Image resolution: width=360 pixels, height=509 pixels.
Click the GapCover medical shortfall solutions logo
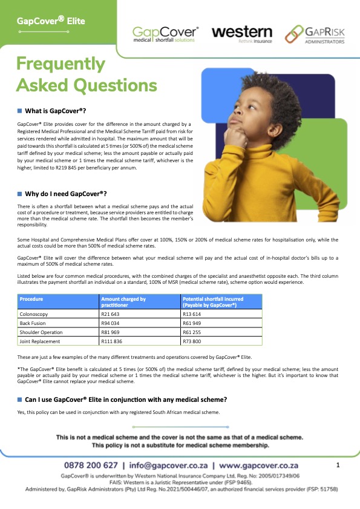point(165,34)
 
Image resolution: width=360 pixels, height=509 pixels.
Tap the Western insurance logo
point(242,33)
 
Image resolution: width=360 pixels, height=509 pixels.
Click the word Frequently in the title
point(61,64)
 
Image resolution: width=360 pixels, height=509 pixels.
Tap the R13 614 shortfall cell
point(194,315)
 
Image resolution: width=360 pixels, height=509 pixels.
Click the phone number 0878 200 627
point(91,466)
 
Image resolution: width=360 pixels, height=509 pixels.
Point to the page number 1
point(338,465)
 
